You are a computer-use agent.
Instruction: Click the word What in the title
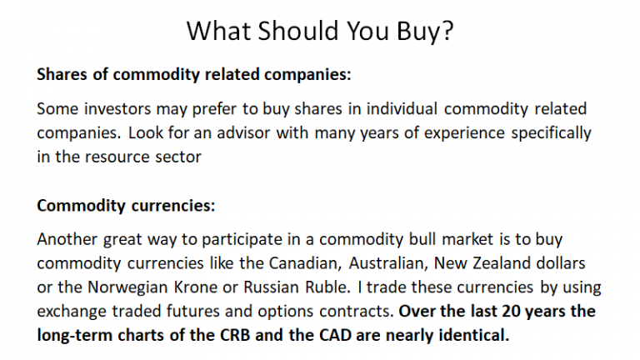[x=218, y=31]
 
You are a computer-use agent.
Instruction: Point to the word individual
[x=402, y=109]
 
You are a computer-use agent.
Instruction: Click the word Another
[x=67, y=239]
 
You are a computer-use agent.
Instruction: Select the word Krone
[x=196, y=287]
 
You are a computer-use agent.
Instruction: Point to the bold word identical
[x=474, y=336]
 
